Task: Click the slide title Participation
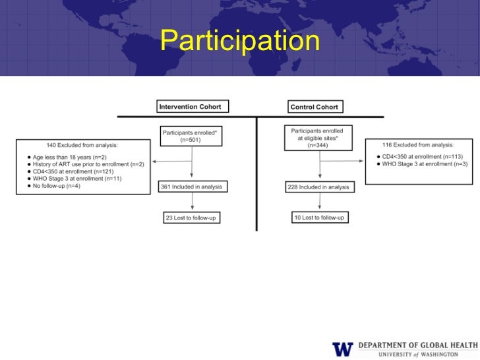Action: coord(239,42)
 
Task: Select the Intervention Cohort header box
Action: coord(193,106)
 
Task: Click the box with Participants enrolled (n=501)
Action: coord(191,136)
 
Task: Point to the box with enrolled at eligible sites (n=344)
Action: coord(320,138)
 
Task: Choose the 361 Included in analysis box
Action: coord(191,187)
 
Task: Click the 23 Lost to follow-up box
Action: coord(191,217)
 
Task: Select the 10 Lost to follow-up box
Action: coord(320,217)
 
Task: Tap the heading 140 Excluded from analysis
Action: coord(83,144)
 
